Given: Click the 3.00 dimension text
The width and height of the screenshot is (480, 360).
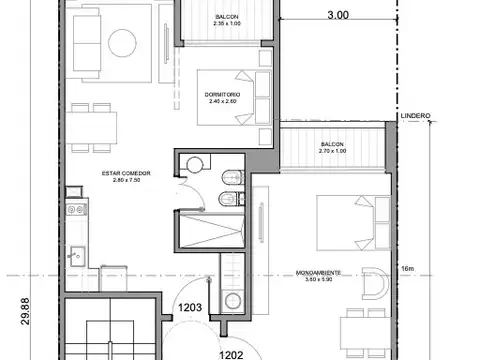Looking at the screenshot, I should (338, 16).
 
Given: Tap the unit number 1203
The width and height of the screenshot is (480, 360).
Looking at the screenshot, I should (193, 309).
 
